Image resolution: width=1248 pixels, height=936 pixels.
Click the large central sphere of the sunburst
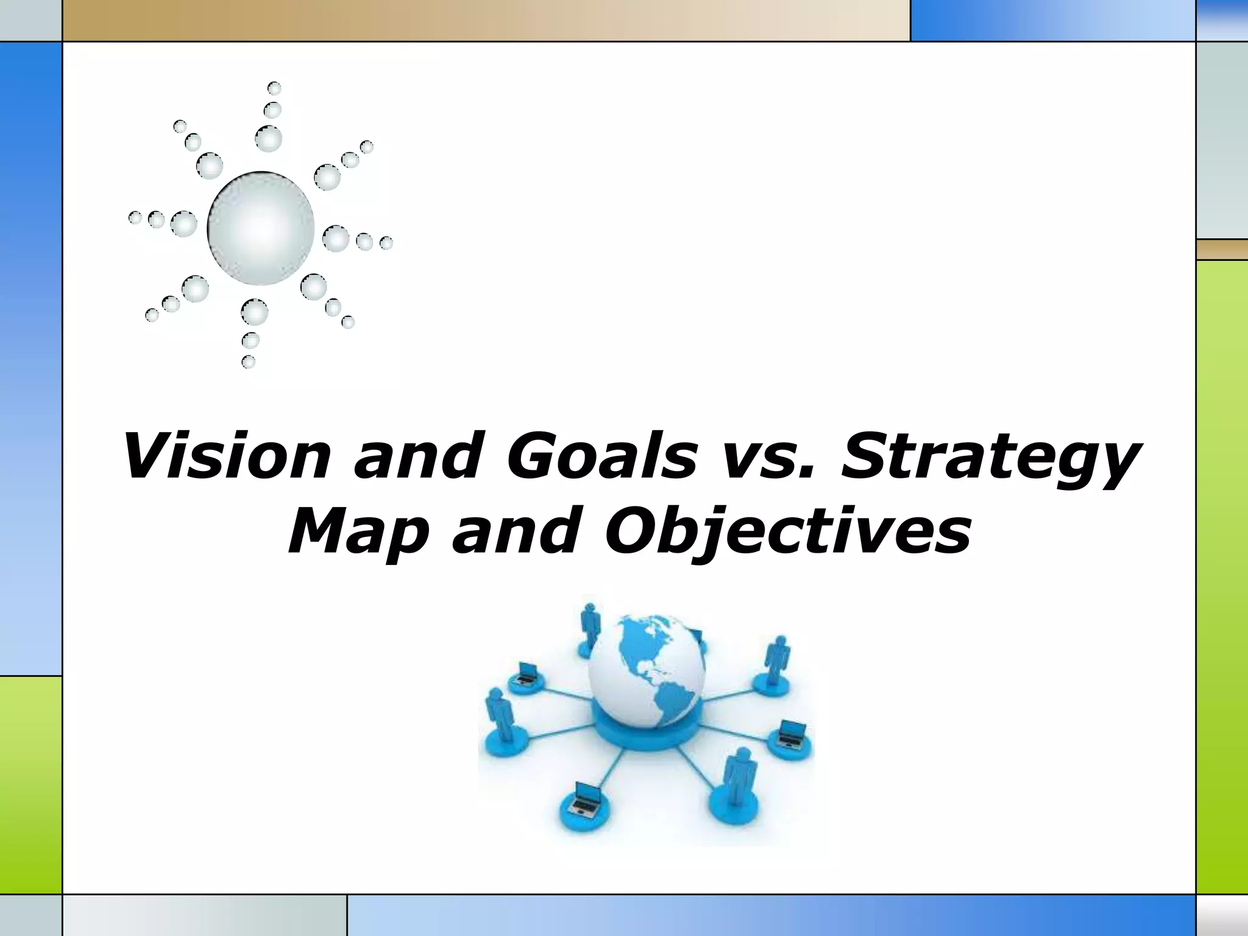tap(261, 229)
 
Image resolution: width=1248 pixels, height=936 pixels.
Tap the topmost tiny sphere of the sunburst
tap(274, 88)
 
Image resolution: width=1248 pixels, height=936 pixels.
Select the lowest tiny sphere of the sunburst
tap(248, 362)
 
